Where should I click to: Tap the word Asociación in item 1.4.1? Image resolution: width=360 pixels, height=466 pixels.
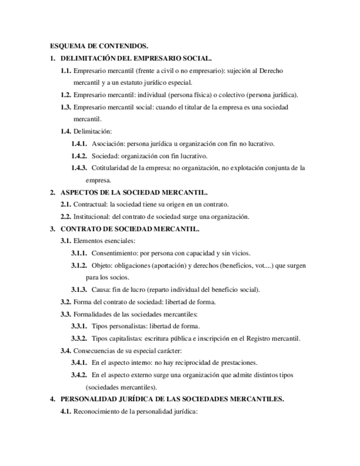108,144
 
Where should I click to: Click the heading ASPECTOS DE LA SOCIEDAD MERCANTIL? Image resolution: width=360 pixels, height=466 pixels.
134,192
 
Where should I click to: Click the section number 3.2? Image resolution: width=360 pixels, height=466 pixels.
65,302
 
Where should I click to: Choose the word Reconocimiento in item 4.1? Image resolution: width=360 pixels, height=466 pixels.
98,412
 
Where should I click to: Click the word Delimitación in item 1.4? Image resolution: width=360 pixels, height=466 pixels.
92,131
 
